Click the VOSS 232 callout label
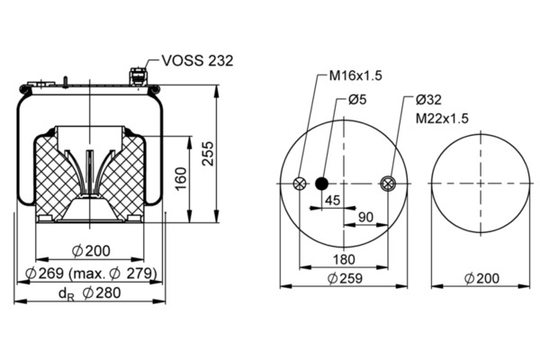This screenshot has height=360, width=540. (197, 60)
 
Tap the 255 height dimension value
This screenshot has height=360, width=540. (208, 154)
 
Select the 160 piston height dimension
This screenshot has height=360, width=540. (181, 178)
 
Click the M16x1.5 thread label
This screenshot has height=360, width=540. (355, 76)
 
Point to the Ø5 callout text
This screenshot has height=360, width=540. (357, 100)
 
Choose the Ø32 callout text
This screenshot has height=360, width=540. (428, 100)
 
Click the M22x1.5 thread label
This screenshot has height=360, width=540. (442, 119)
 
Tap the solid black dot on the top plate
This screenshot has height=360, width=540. (322, 184)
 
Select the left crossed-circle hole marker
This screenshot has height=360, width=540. (300, 184)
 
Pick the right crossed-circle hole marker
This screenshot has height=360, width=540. (388, 184)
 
